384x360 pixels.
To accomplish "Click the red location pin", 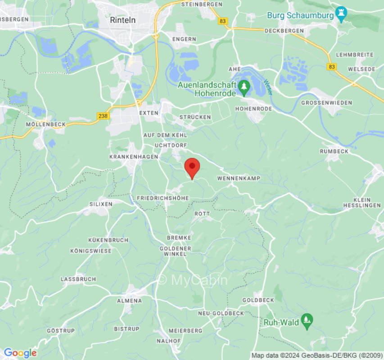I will pyautogui.click(x=192, y=168).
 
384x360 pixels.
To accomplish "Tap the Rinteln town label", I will pyautogui.click(x=122, y=20).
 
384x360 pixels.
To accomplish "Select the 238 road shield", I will pyautogui.click(x=103, y=116).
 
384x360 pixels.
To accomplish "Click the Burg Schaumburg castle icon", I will pyautogui.click(x=341, y=15).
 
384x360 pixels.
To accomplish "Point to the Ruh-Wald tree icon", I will pyautogui.click(x=307, y=321).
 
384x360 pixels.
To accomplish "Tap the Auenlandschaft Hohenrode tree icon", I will pyautogui.click(x=244, y=86).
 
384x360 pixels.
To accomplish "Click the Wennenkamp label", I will pyautogui.click(x=239, y=179).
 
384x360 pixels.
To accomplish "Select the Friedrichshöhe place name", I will pyautogui.click(x=163, y=198).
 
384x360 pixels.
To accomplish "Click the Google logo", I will pyautogui.click(x=20, y=353).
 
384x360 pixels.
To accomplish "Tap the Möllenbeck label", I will pyautogui.click(x=46, y=124).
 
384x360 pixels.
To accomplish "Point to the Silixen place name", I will pyautogui.click(x=101, y=204).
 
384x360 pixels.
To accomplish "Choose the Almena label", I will pyautogui.click(x=129, y=301).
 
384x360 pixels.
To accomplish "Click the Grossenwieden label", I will pyautogui.click(x=327, y=103).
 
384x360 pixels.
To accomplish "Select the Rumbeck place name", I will pyautogui.click(x=334, y=152).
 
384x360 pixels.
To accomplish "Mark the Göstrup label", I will pyautogui.click(x=61, y=331).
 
